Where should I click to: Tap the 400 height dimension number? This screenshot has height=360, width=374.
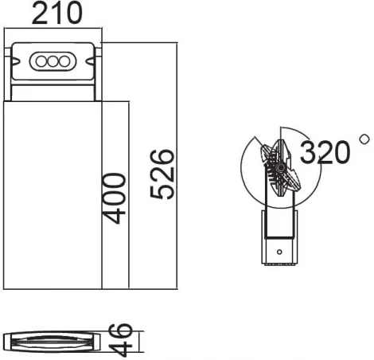(113, 198)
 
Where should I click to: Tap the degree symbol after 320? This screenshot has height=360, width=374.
(364, 139)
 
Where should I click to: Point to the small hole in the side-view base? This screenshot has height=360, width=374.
(279, 251)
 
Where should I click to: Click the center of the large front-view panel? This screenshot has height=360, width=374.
(53, 195)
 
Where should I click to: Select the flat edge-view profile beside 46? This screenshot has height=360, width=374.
(51, 340)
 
